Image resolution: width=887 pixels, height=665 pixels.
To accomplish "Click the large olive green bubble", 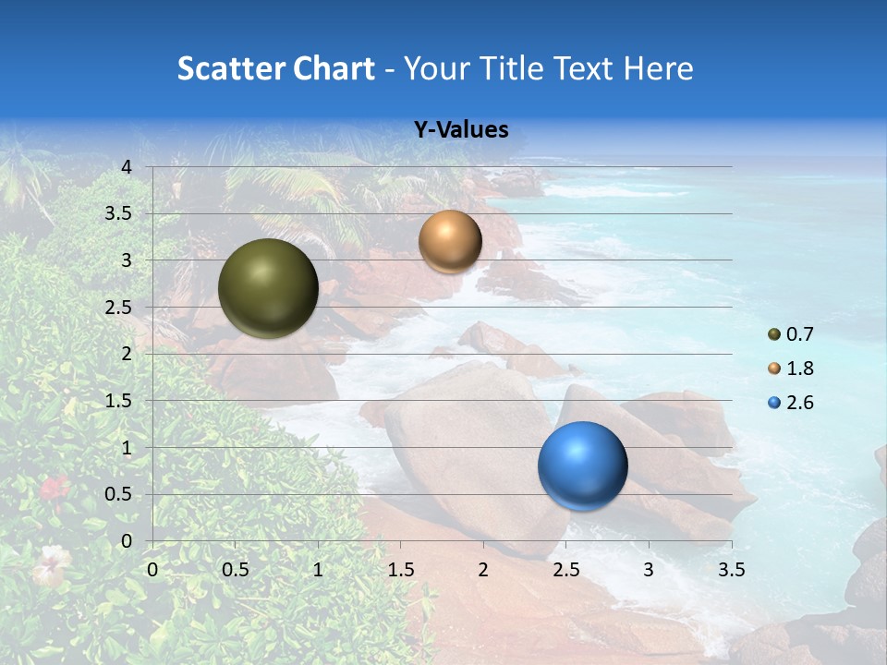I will point(268,288).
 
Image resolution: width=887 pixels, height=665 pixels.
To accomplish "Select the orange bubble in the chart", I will point(450,241).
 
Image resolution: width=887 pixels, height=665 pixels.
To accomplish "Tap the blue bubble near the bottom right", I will point(582,465).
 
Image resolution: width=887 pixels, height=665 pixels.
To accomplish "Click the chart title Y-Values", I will point(461,130).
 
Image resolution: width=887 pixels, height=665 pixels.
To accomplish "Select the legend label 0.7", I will point(800,334).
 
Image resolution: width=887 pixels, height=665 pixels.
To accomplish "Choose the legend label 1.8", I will point(800,369).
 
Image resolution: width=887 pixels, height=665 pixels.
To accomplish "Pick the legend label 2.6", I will point(800,403).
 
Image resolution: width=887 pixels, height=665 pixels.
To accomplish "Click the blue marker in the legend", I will point(774,403).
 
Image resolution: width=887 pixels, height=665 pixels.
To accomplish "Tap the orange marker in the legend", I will point(774,369).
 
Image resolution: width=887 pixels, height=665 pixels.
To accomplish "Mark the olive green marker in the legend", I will point(774,334).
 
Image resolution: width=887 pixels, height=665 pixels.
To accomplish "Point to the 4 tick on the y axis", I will point(127,167).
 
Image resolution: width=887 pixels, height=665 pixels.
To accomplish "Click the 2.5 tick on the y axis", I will point(118,308).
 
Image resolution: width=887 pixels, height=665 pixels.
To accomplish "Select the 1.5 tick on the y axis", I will point(118,401).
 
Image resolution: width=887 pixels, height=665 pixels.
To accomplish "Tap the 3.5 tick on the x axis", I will point(731,570).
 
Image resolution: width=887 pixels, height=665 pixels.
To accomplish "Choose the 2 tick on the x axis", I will point(483,570).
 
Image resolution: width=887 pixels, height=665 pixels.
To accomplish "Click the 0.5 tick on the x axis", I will point(235,570).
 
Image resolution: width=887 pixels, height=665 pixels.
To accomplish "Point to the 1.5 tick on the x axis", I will point(400,570).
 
